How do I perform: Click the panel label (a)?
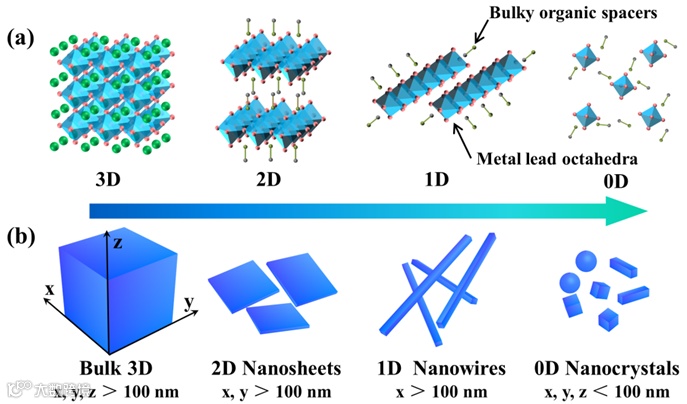click(22, 39)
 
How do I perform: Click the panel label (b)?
click(22, 239)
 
